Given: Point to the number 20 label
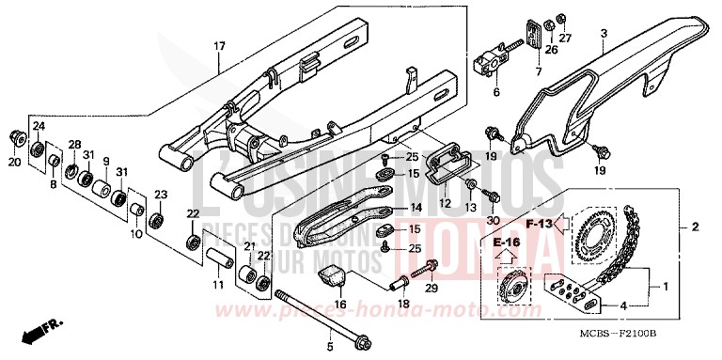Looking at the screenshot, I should pyautogui.click(x=14, y=162).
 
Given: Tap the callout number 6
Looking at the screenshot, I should pyautogui.click(x=497, y=92).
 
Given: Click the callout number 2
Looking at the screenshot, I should pyautogui.click(x=695, y=227).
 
